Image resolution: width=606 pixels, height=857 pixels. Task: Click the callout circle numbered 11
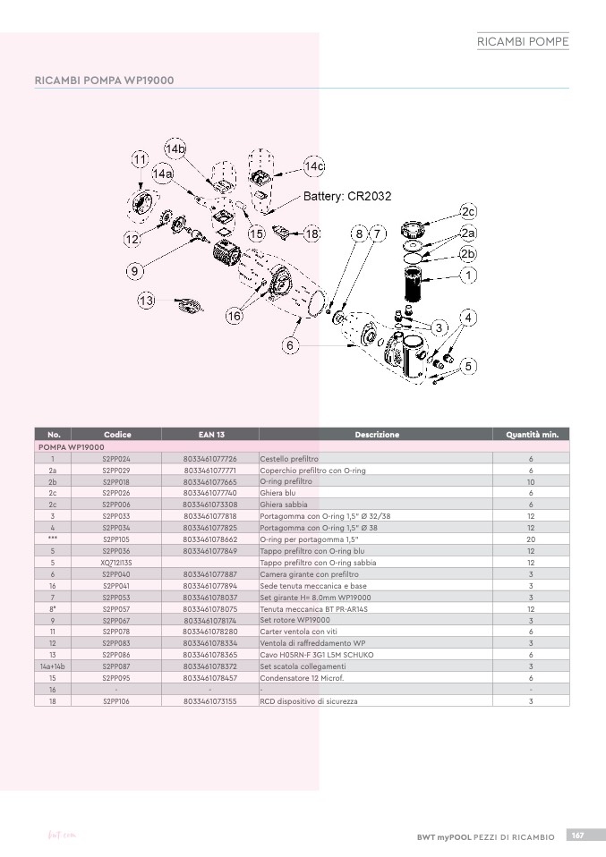(140, 159)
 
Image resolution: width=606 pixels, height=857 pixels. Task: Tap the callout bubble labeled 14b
(175, 148)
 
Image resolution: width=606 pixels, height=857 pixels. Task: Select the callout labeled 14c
(314, 166)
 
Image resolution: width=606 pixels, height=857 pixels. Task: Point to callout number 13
(146, 301)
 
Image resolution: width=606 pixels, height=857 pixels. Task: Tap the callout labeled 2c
(469, 211)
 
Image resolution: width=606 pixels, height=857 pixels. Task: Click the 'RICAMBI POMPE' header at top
(523, 41)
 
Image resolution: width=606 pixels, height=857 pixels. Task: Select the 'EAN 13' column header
(210, 435)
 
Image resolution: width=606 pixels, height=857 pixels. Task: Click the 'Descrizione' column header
(377, 435)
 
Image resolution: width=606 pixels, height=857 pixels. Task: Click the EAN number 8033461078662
(210, 539)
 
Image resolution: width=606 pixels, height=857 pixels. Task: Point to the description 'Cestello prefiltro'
(289, 458)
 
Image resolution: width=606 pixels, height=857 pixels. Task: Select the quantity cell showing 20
(531, 539)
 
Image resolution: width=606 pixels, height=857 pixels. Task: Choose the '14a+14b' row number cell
(53, 666)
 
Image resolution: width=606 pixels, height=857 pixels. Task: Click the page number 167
(578, 835)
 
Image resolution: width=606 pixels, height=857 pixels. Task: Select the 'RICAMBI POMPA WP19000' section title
(104, 81)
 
